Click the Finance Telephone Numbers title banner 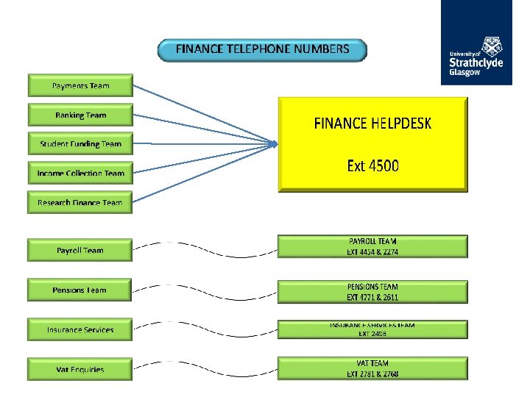[262, 50]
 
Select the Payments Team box [80, 85]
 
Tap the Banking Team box [80, 115]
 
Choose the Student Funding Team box [80, 144]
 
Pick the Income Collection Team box [80, 174]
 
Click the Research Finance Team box [80, 202]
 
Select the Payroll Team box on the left [80, 250]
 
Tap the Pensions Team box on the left [80, 290]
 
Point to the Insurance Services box [80, 329]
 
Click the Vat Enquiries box [80, 369]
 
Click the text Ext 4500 [372, 165]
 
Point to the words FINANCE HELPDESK [372, 123]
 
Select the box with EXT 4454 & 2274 [372, 246]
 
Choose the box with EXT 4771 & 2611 [372, 291]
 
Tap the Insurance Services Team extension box [372, 329]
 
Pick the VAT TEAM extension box [372, 368]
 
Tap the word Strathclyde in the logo [476, 64]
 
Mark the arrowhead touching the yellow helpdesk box [275, 143]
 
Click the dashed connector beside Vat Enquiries [205, 364]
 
